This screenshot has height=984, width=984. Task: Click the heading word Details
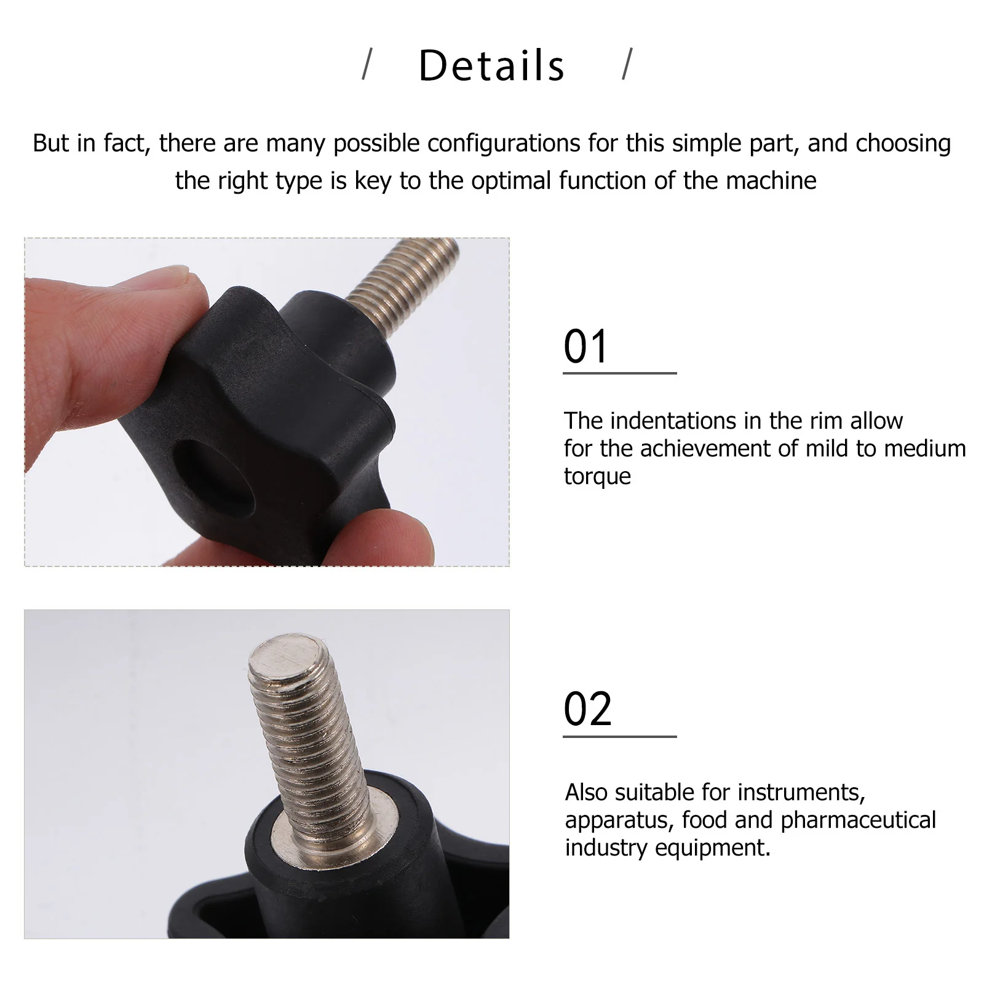click(491, 66)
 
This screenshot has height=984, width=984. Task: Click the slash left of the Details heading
click(367, 65)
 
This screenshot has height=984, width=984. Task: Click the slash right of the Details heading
click(627, 65)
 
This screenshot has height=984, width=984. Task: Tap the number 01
click(586, 347)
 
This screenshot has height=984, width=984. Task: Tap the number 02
click(587, 710)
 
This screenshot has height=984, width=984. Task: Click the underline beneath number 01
click(619, 373)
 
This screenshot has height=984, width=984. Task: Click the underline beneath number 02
click(619, 736)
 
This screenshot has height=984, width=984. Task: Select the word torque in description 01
click(597, 477)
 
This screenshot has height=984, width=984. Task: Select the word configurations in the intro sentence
click(504, 143)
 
